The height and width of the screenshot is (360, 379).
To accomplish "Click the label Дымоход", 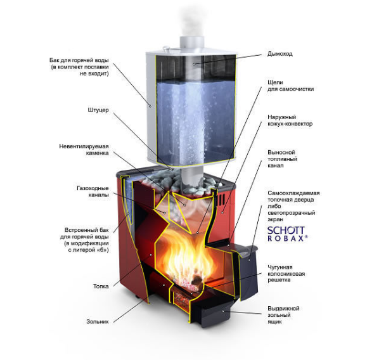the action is tap(280, 54).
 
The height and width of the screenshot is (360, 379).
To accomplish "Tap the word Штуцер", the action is tap(98, 110).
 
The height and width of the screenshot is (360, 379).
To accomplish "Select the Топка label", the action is tap(101, 286).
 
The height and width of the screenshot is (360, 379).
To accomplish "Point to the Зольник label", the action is tap(98, 321).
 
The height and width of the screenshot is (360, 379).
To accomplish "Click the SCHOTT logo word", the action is tap(286, 231).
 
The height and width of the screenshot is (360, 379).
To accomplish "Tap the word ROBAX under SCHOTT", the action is tap(287, 238).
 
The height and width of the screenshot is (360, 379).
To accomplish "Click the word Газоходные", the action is tap(93, 188).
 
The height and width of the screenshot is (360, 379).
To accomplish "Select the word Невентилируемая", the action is tap(84, 146).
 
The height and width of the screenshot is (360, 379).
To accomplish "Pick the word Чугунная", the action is tap(280, 267).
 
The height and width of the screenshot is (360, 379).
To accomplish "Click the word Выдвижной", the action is tap(283, 309).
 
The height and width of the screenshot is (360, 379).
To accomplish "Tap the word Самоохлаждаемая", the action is tap(293, 193).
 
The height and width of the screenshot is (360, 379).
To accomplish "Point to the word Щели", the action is tap(275, 82).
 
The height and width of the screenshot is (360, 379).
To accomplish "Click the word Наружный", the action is tap(281, 117).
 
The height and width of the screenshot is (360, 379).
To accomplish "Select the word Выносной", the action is tap(281, 152).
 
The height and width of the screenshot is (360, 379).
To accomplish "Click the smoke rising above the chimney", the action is tap(191, 22).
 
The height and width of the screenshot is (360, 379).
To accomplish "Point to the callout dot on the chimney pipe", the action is tap(194, 64).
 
